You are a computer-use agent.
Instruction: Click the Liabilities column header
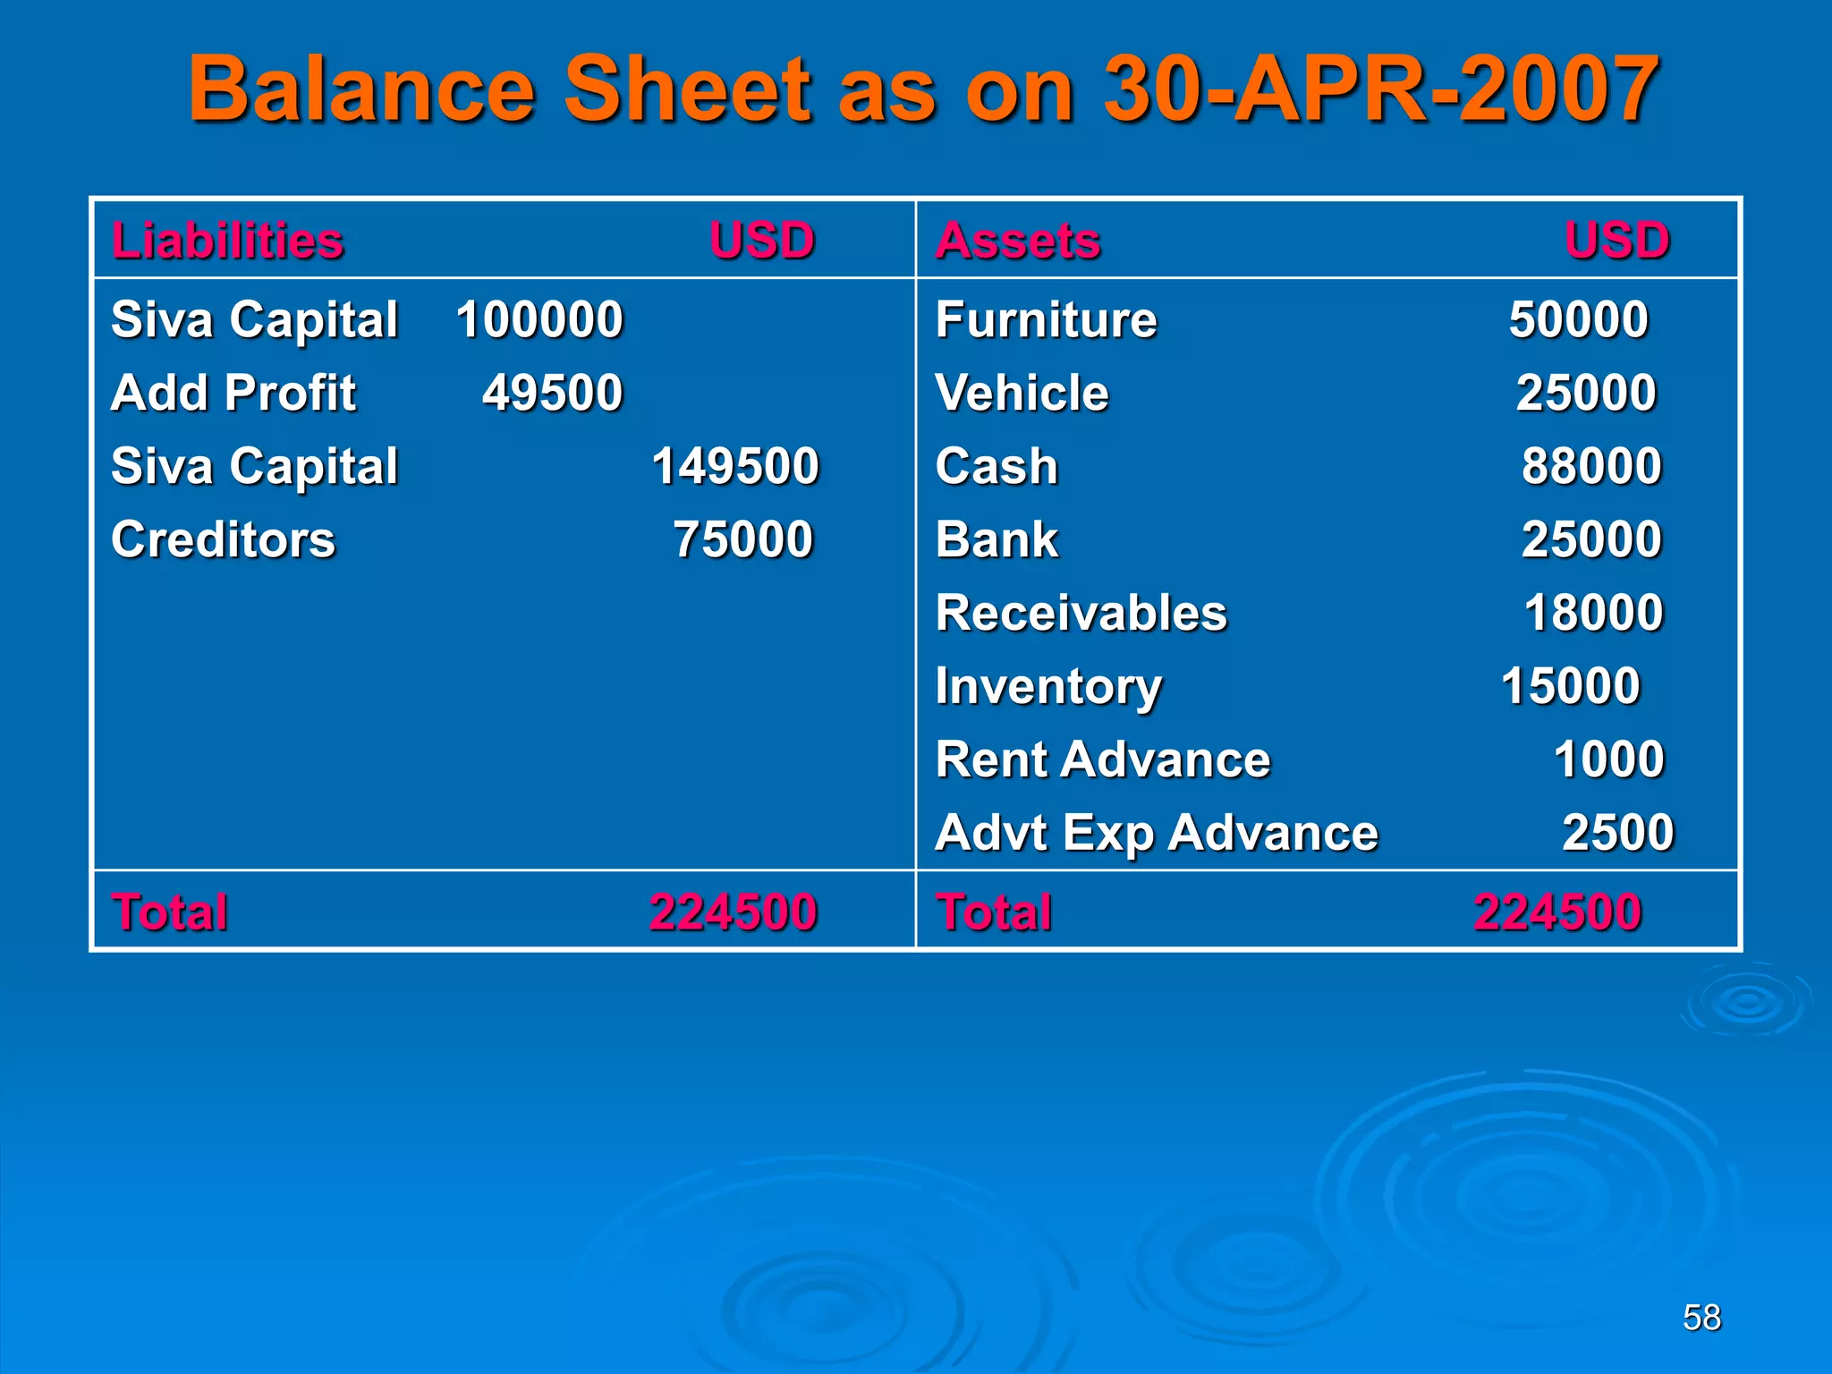(x=227, y=241)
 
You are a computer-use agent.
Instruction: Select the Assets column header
(x=1018, y=241)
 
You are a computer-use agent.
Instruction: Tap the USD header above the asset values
(x=1616, y=241)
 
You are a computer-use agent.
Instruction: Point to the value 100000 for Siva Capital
(x=539, y=319)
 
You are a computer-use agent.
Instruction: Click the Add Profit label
(x=233, y=393)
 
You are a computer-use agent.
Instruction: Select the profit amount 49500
(x=552, y=393)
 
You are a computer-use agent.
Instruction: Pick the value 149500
(x=734, y=466)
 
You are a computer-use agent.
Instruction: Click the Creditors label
(x=223, y=539)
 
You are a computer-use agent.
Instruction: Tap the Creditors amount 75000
(x=742, y=539)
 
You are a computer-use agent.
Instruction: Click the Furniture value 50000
(x=1578, y=319)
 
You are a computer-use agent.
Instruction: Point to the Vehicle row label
(x=1022, y=393)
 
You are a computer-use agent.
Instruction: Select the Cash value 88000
(x=1591, y=466)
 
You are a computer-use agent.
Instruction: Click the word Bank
(x=997, y=539)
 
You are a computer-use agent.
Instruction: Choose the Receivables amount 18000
(x=1593, y=613)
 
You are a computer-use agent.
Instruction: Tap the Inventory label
(x=1048, y=687)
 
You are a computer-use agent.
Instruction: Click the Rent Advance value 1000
(x=1608, y=759)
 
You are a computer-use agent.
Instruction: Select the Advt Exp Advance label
(x=1157, y=833)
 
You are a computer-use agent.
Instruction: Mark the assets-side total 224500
(x=1557, y=912)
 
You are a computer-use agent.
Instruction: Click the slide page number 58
(x=1701, y=1317)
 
